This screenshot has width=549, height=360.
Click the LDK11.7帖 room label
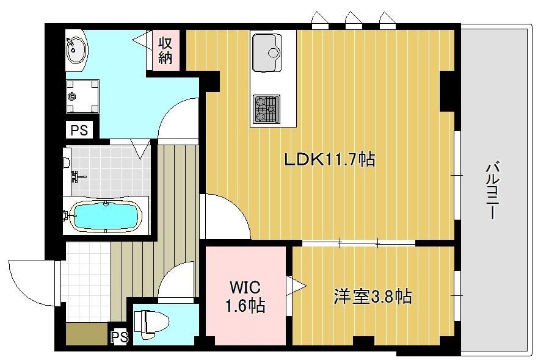point(330,160)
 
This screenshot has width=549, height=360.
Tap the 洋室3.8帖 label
point(373,297)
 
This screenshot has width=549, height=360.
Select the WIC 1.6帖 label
point(245,297)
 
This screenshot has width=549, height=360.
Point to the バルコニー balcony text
point(493,190)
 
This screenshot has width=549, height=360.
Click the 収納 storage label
point(165,51)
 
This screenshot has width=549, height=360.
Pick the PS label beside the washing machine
point(79,130)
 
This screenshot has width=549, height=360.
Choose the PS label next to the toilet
point(120,337)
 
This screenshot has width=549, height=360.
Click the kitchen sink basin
point(266,52)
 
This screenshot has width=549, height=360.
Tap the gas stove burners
point(266,109)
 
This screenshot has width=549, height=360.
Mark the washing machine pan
point(82,96)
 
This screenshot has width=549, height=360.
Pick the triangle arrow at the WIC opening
point(296,287)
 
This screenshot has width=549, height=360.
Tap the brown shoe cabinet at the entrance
point(87,333)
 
